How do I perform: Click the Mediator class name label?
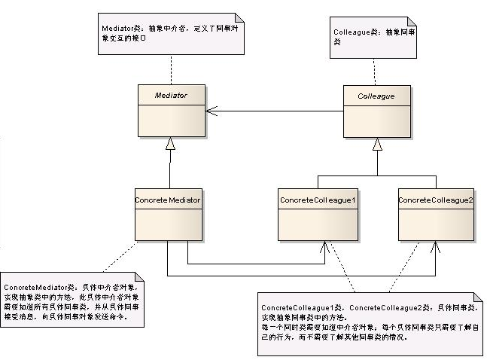171,96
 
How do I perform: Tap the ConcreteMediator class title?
168,200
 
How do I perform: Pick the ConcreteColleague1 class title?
317,200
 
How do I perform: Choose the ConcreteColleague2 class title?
435,200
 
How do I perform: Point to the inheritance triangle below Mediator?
171,143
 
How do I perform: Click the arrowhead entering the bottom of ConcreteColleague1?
325,246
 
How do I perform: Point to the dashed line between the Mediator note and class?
171,70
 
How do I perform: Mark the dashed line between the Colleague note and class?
375,70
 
